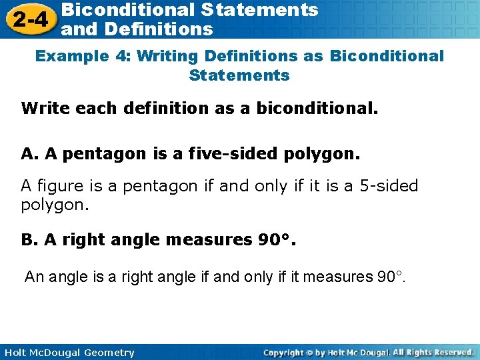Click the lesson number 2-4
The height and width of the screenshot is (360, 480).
[x=29, y=19]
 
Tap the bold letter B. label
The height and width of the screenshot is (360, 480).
[x=30, y=239]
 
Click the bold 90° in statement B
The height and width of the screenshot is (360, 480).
[x=273, y=239]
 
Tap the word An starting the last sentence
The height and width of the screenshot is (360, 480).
[x=33, y=276]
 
